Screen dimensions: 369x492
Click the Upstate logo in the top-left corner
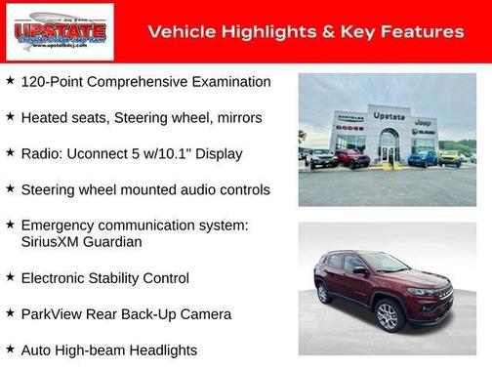point(60,32)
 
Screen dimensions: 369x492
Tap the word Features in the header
point(423,32)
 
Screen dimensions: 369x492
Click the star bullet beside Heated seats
point(10,117)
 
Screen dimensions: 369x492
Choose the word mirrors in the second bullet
point(234,118)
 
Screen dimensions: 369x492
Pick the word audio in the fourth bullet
point(194,190)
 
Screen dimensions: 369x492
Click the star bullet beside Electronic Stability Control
point(10,277)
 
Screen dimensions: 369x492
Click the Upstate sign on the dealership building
point(388,115)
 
